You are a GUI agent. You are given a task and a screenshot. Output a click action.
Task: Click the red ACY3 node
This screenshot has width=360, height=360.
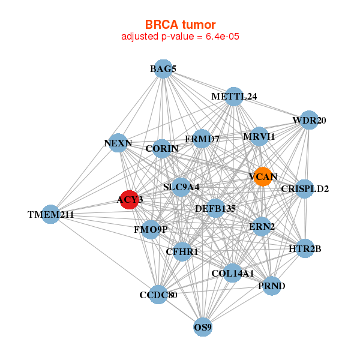[130, 199]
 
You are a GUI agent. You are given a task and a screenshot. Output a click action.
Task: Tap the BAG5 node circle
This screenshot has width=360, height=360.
[163, 69]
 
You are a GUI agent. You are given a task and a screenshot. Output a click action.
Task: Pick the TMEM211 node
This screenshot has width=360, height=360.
[51, 214]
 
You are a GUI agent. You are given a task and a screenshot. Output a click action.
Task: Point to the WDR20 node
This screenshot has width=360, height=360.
[309, 120]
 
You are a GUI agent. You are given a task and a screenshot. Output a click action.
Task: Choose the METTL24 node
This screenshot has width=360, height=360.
[234, 96]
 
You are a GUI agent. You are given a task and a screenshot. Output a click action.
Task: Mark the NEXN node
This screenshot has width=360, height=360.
[118, 143]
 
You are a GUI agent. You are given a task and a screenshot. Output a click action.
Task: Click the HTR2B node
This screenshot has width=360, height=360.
[305, 248]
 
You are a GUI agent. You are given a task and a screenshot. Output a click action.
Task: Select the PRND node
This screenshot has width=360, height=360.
[271, 286]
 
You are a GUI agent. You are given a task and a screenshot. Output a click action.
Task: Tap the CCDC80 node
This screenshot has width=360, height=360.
[158, 295]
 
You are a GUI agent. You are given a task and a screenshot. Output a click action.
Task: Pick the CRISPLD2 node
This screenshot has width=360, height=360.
[305, 189]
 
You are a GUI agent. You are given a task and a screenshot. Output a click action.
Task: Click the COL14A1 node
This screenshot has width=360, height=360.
[233, 274]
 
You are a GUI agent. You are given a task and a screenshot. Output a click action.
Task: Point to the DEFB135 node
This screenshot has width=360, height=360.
[215, 209]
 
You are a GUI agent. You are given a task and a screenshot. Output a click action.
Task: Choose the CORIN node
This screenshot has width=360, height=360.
[162, 148]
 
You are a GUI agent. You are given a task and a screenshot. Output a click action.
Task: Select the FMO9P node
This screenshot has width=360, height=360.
[151, 229]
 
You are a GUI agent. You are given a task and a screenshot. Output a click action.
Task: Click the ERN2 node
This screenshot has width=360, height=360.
[262, 226]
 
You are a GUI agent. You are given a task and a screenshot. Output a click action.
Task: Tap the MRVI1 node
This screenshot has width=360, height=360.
[259, 137]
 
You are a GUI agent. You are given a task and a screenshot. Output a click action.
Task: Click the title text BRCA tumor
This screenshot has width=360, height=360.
[180, 25]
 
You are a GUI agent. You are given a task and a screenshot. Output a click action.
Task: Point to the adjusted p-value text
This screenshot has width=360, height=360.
[181, 37]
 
